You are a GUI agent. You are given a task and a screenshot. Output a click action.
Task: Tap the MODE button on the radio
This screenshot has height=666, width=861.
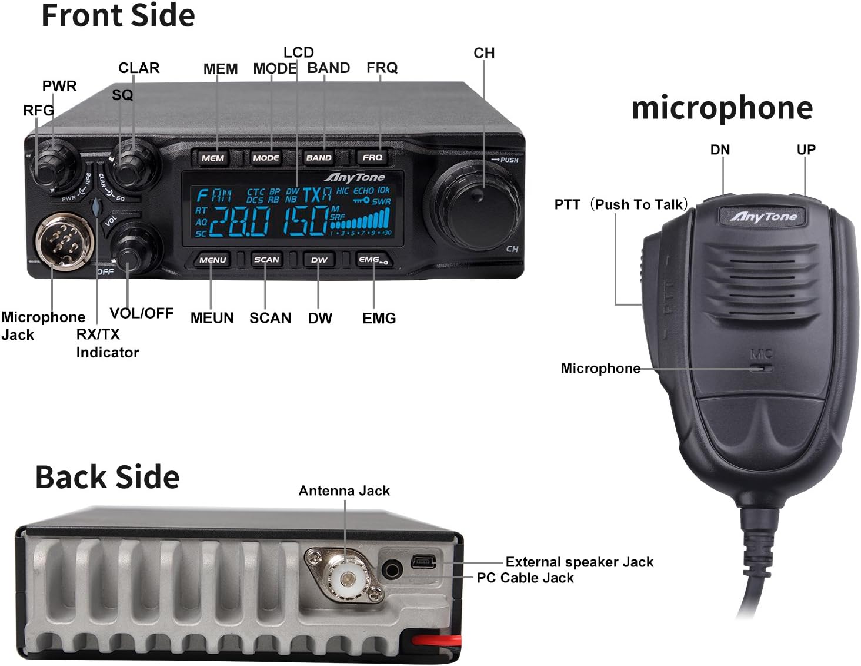266,158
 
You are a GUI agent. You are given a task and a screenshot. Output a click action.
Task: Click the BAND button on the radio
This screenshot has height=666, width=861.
319,158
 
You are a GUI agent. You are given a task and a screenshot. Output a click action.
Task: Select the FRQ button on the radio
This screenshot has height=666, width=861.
372,158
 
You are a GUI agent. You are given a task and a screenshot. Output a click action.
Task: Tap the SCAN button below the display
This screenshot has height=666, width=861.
266,260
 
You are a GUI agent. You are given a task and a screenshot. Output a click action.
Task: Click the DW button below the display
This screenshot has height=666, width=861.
319,260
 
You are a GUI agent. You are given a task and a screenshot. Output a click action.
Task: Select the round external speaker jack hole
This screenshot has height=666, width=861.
392,570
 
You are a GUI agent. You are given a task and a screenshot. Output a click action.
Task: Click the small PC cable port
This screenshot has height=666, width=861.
424,562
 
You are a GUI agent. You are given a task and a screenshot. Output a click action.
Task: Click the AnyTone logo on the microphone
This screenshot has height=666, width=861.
763,217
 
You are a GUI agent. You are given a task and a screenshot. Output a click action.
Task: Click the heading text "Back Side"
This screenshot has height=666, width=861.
107,477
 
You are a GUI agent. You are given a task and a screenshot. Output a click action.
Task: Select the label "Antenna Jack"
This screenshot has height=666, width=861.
344,491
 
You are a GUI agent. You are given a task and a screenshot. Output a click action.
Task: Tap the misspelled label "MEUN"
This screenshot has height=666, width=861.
212,318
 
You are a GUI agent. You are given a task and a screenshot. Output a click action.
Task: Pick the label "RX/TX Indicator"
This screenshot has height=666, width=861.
107,343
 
